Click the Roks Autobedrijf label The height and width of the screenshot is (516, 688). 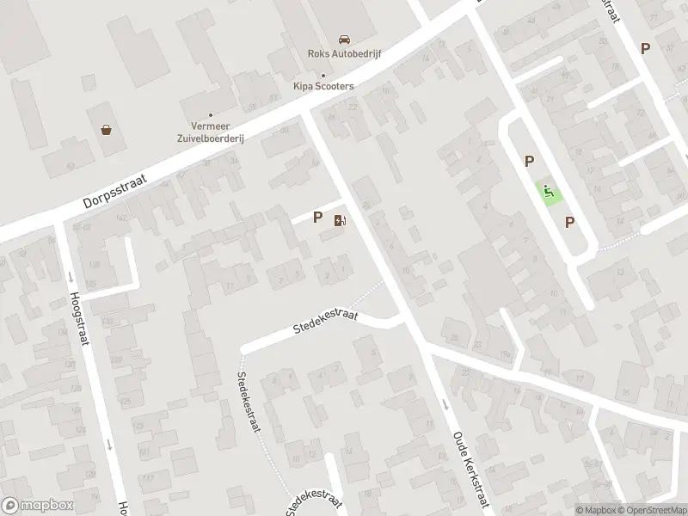coord(344,53)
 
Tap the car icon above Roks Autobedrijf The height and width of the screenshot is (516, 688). coord(344,40)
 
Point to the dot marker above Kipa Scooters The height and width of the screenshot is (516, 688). coord(322,75)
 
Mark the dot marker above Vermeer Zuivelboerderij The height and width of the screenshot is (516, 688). coord(211,114)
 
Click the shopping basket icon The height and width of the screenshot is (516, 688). coord(107,130)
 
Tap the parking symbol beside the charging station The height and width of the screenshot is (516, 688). coord(318,218)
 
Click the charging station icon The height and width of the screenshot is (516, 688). coord(340,220)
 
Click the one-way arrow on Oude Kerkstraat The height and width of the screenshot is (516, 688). coord(445,404)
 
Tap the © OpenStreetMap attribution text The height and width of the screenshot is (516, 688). coord(651,510)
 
